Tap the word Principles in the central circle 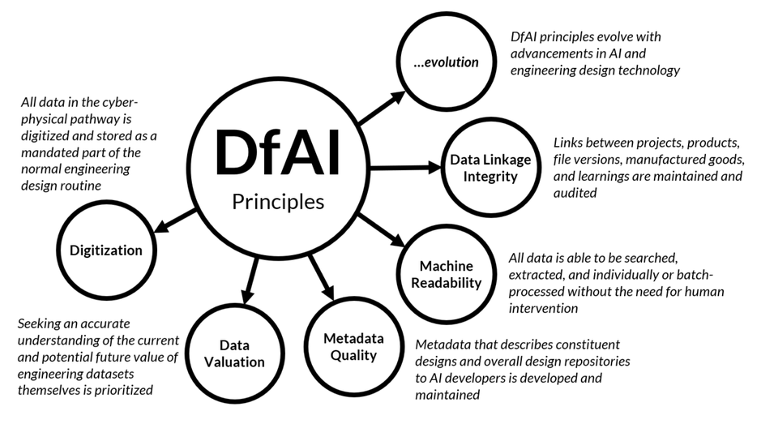[x=278, y=200]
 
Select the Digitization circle [x=105, y=250]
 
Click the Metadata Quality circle [x=353, y=346]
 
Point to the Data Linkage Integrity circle [x=490, y=168]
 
